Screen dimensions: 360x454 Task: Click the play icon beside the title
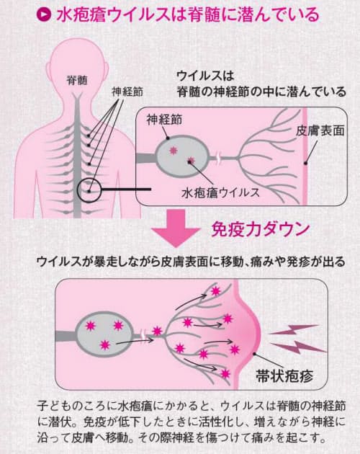pyautogui.click(x=44, y=14)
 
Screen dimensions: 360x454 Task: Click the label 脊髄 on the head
pyautogui.click(x=77, y=80)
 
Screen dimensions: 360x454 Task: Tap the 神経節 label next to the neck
pyautogui.click(x=127, y=92)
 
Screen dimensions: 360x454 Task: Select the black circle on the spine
pyautogui.click(x=89, y=190)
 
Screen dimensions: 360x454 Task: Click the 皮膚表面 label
pyautogui.click(x=320, y=131)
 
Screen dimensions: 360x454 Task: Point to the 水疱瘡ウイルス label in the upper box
pyautogui.click(x=220, y=193)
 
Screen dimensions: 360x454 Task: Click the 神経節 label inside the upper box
pyautogui.click(x=164, y=120)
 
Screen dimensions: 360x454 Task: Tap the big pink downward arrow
pyautogui.click(x=176, y=228)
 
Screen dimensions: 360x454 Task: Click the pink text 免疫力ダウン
pyautogui.click(x=261, y=230)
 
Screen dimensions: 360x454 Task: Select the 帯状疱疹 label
pyautogui.click(x=284, y=376)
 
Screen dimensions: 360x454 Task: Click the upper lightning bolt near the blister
pyautogui.click(x=294, y=329)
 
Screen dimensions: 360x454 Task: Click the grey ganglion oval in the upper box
pyautogui.click(x=182, y=156)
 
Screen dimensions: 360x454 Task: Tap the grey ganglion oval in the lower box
pyautogui.click(x=104, y=334)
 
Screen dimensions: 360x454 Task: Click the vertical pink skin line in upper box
pyautogui.click(x=305, y=156)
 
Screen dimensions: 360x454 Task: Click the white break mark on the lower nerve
pyautogui.click(x=143, y=334)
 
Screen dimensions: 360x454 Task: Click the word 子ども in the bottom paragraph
pyautogui.click(x=54, y=406)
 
